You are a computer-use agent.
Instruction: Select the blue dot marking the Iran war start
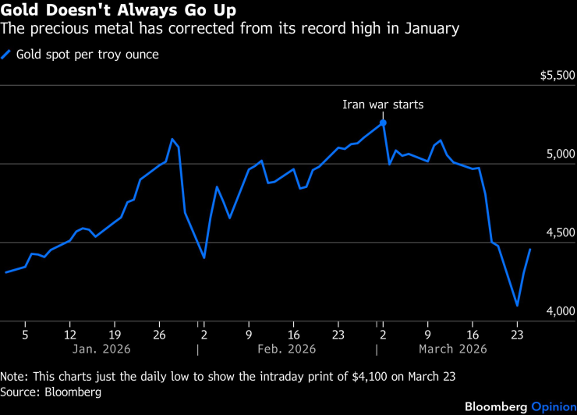(383, 122)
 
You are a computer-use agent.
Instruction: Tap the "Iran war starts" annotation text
(383, 105)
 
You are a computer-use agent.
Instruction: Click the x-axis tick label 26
(159, 331)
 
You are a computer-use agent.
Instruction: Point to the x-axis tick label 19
(115, 331)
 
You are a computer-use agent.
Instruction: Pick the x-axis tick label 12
(69, 331)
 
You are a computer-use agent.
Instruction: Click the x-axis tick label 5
(25, 331)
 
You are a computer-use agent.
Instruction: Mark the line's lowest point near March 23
(517, 306)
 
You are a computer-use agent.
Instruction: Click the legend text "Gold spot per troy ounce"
(87, 55)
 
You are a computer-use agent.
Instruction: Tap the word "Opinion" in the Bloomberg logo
(554, 406)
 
